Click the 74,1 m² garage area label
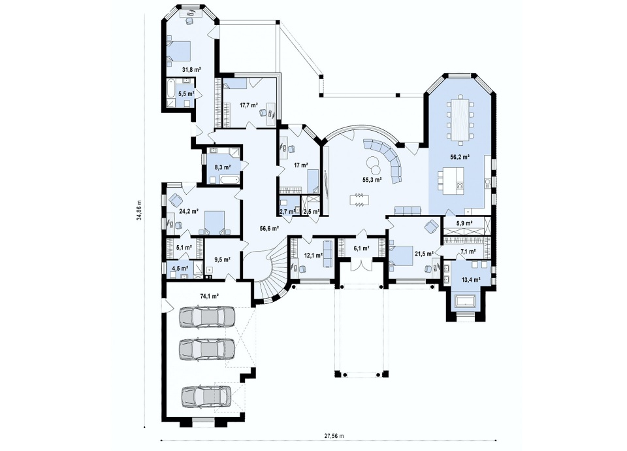(x=209, y=297)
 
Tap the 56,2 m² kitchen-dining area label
(x=460, y=157)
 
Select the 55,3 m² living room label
(x=372, y=180)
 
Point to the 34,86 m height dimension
(x=138, y=209)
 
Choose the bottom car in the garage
(x=206, y=395)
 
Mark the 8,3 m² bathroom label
(x=223, y=167)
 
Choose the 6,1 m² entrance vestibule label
(x=361, y=248)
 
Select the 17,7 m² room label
(x=248, y=105)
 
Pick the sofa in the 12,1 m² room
(x=328, y=254)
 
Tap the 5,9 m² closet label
(x=464, y=222)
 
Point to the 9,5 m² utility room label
(x=222, y=259)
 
